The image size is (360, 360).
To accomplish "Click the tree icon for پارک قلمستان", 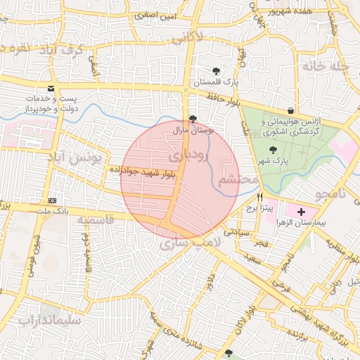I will pos(217,71).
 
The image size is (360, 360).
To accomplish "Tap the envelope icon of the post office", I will pos(50,88).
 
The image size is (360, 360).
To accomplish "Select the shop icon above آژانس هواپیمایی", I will pos(291,110).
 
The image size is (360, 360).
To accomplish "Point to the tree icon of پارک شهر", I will pos(272,149).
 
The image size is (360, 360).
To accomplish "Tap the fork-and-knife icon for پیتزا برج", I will pos(260,198).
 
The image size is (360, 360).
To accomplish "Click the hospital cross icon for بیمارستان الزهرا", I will pos(302,212).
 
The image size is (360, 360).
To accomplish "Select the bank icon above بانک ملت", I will pos(52,200).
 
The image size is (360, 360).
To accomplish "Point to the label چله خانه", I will pos(325,65).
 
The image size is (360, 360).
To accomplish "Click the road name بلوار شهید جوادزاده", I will pos(141,171).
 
